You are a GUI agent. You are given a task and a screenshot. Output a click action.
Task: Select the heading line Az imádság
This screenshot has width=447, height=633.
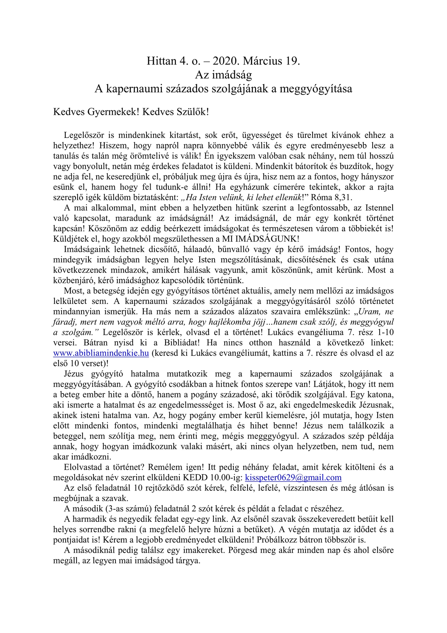(x=223, y=75)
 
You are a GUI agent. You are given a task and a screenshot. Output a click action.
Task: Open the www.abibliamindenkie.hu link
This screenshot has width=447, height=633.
(x=101, y=353)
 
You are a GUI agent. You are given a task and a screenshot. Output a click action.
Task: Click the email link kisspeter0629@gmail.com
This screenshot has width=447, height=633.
(x=293, y=478)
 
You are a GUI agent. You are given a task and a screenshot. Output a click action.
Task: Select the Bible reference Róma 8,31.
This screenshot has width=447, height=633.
(x=330, y=197)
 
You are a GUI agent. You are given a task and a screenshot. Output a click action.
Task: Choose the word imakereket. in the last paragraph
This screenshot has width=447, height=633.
(x=202, y=550)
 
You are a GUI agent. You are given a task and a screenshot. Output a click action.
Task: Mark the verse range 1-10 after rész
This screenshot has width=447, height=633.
(x=383, y=332)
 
